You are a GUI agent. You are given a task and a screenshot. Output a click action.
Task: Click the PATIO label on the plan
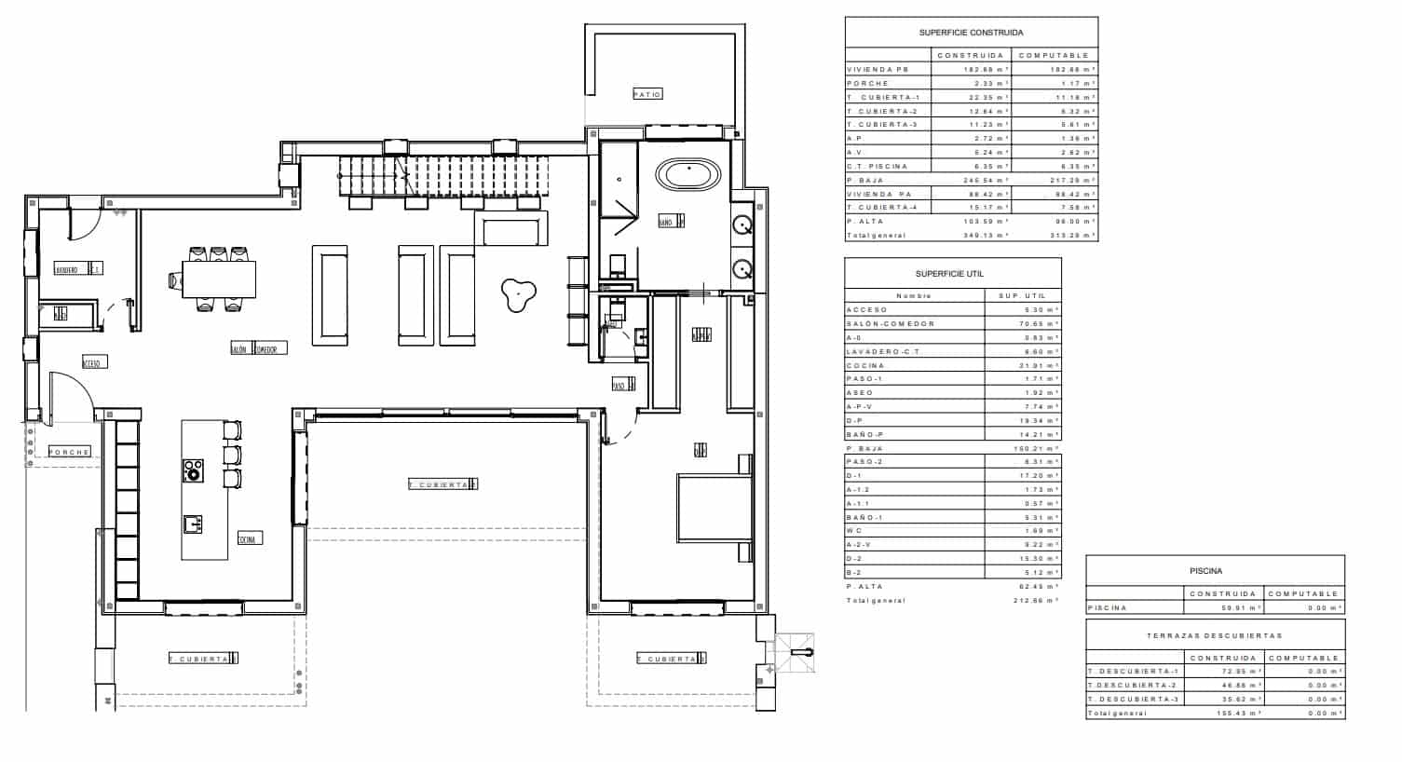click(x=647, y=94)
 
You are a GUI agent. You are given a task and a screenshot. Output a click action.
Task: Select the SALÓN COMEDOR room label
click(x=258, y=348)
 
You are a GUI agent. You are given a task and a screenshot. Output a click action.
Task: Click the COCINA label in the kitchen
click(x=250, y=538)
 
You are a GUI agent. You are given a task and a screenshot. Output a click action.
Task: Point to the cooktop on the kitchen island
click(x=193, y=470)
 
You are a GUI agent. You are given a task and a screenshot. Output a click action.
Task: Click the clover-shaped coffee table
click(x=515, y=294)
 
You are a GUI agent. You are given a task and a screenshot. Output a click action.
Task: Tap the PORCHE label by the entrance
click(x=70, y=452)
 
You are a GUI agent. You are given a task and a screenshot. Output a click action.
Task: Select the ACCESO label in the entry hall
click(x=91, y=363)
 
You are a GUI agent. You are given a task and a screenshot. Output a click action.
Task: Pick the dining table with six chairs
click(x=217, y=278)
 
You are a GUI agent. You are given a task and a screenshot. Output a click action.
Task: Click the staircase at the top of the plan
click(x=442, y=176)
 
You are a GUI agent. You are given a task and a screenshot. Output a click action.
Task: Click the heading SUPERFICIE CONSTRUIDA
click(x=971, y=33)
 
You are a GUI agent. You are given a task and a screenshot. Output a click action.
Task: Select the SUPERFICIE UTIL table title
click(x=949, y=274)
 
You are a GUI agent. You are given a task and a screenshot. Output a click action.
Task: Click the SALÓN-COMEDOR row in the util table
click(x=890, y=323)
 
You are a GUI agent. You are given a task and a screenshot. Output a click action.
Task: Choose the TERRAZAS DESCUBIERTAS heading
click(x=1214, y=635)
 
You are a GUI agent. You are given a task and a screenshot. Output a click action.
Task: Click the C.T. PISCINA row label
click(x=877, y=166)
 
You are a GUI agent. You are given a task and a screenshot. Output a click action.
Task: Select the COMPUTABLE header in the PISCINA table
click(x=1303, y=593)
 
